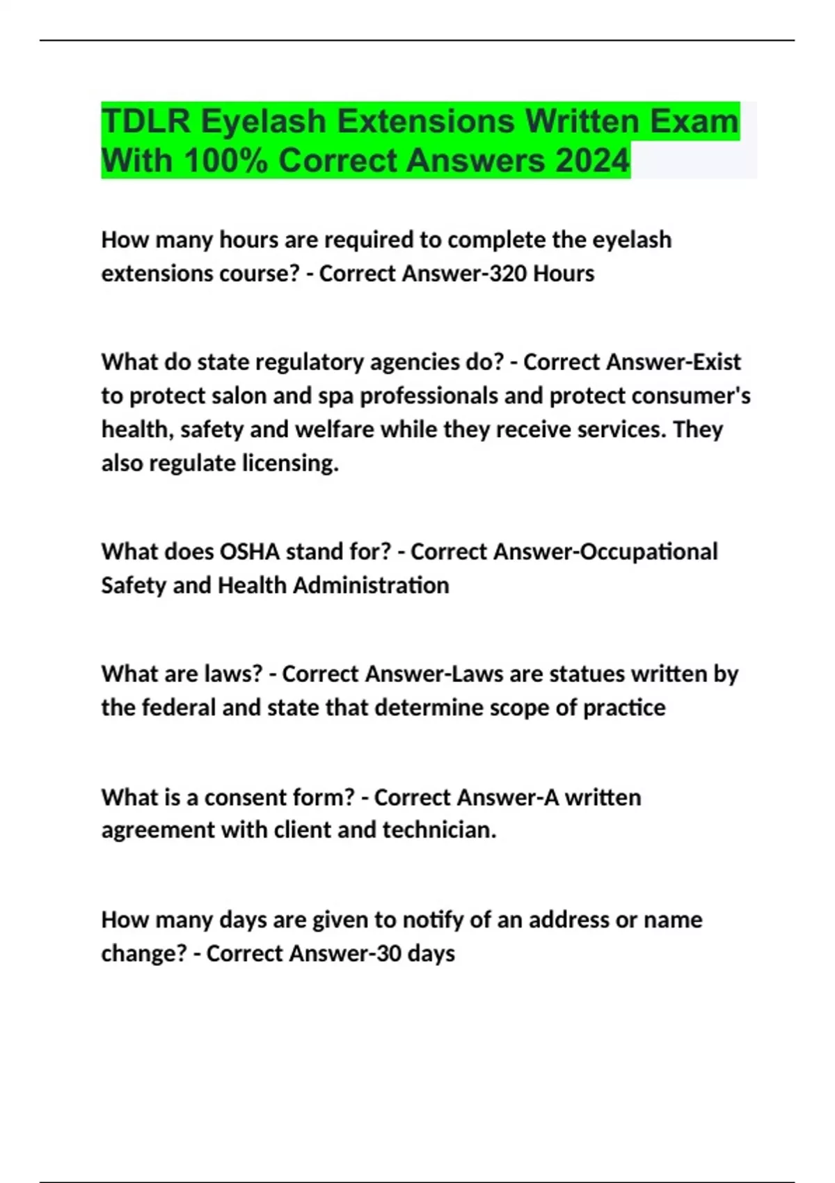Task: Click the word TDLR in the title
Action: (145, 121)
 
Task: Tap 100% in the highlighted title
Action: (226, 161)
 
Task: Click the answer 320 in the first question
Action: (507, 273)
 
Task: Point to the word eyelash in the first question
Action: (632, 240)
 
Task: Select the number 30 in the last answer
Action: (389, 953)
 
